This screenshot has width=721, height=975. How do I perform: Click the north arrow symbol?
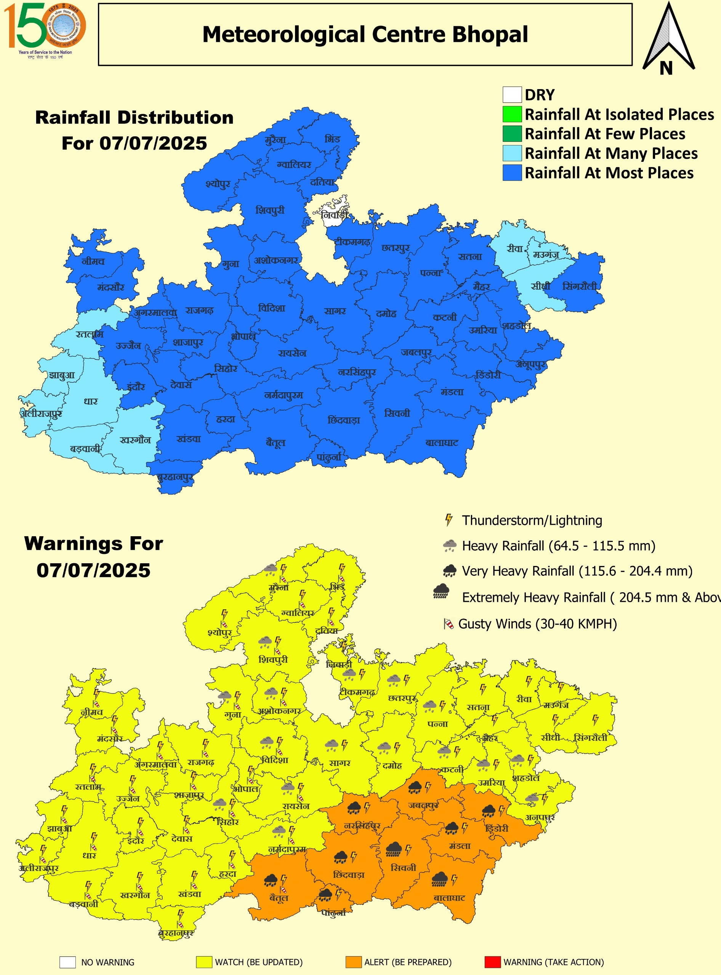tap(668, 39)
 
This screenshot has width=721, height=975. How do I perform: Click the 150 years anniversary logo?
tap(45, 30)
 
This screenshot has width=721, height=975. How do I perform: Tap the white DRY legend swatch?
tap(512, 94)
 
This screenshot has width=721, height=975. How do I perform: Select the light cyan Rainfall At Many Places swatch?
tap(512, 153)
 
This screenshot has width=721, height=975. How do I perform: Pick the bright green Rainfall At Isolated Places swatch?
tap(512, 114)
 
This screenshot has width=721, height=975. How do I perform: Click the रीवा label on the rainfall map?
tap(515, 249)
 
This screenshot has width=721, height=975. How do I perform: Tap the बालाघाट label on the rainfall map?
tap(442, 443)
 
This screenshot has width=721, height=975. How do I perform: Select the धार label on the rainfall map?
tap(91, 401)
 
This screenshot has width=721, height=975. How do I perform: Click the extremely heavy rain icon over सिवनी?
tap(394, 849)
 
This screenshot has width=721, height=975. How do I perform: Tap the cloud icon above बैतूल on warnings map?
tap(271, 880)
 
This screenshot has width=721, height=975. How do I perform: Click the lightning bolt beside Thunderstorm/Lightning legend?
tap(448, 520)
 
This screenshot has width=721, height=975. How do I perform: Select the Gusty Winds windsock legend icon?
tap(448, 624)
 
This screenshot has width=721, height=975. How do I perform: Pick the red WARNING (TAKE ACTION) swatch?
tap(492, 962)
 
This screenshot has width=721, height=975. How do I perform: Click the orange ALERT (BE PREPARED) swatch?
tap(353, 962)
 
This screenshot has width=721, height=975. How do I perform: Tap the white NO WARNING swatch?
tap(68, 962)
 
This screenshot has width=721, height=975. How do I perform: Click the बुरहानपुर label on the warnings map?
tap(176, 933)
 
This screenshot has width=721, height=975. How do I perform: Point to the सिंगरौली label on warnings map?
tap(590, 737)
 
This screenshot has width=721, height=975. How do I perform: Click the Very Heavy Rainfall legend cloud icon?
tap(450, 570)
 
